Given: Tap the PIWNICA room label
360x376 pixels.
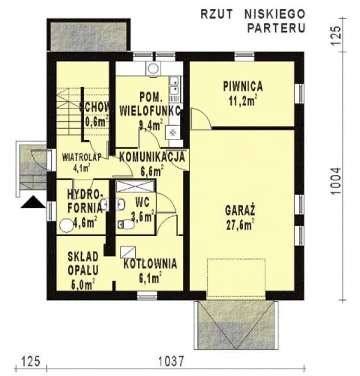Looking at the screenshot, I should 242,87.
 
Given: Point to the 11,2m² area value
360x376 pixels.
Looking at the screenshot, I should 242,100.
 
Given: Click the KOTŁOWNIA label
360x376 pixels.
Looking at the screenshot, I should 150,264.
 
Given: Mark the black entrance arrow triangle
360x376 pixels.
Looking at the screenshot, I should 32,202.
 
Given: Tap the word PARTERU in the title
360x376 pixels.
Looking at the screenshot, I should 276,27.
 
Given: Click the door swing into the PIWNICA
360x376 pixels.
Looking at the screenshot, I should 200,118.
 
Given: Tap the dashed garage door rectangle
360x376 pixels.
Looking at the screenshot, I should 236,278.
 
